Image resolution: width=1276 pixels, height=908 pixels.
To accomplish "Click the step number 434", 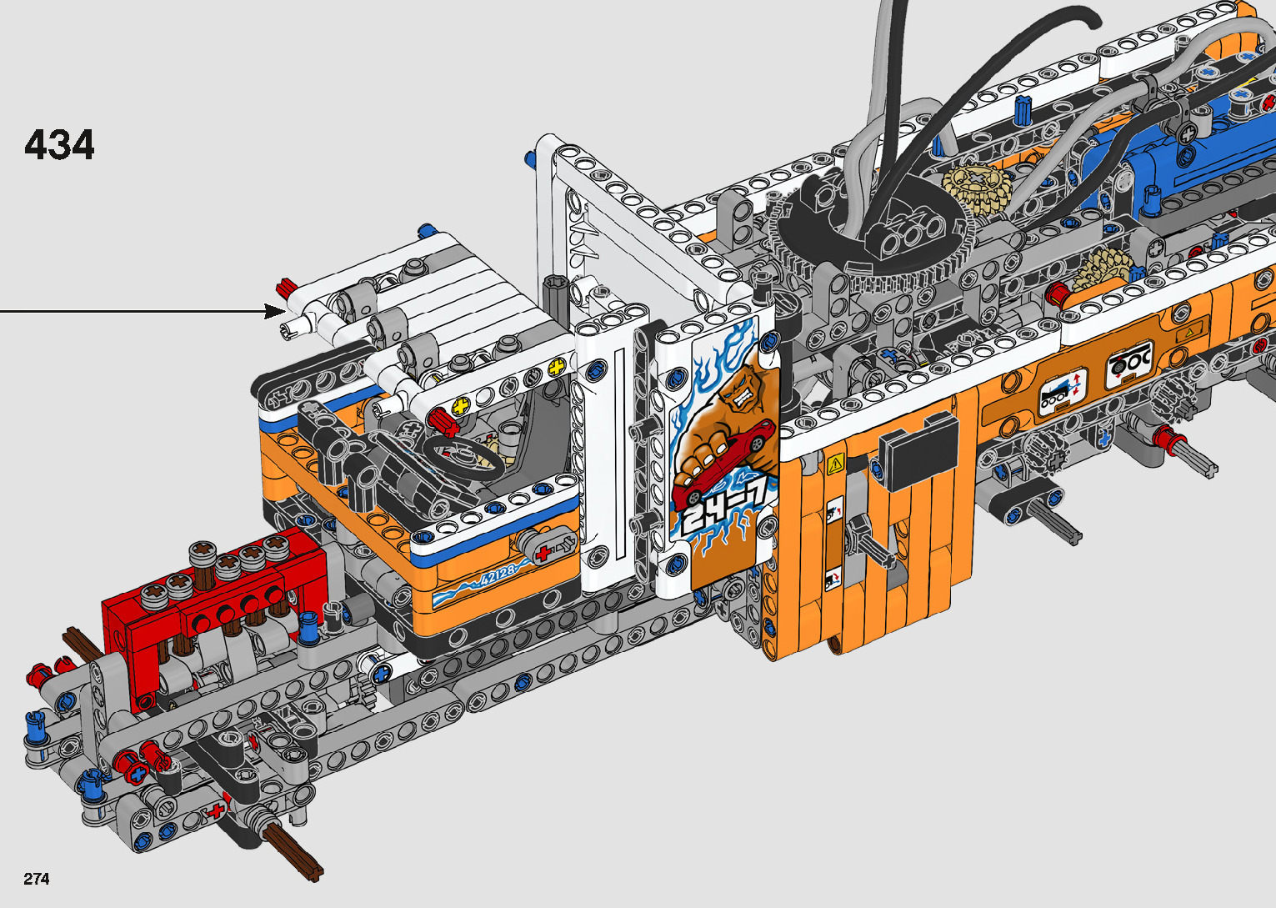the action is [59, 145].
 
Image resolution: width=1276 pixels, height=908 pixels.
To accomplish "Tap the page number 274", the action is [37, 878].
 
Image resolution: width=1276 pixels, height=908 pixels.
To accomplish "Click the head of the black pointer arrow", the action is [275, 311].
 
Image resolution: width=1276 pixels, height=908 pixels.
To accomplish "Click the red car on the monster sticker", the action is [723, 463].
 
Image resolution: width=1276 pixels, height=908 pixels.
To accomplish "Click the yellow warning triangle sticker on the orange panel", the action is [835, 464].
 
